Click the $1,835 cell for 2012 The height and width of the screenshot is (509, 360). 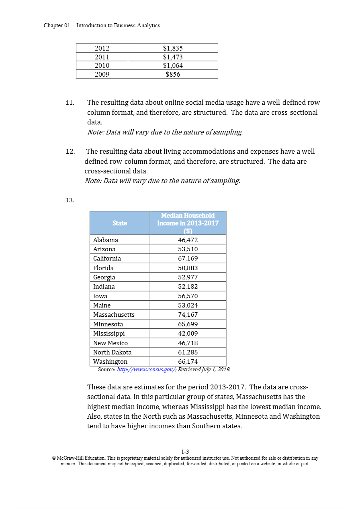[x=173, y=48]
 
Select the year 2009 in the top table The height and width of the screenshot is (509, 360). [x=102, y=74]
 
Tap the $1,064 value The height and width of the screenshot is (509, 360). [x=173, y=65]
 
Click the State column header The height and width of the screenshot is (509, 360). [x=120, y=223]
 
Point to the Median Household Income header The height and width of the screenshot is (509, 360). [x=188, y=223]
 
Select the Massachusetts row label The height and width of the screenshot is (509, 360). [x=114, y=315]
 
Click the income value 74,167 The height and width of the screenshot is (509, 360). [x=188, y=315]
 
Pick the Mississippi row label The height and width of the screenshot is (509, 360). [x=109, y=334]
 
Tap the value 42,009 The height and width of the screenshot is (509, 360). [x=188, y=334]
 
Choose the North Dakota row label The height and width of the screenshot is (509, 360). [x=112, y=352]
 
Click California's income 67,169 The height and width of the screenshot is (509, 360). [x=188, y=259]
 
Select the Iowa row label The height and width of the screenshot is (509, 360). [x=100, y=296]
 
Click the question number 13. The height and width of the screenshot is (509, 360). [x=70, y=200]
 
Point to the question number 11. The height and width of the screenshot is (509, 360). [x=70, y=103]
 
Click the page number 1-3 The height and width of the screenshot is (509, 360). [x=185, y=452]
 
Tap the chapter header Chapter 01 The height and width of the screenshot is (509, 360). [x=102, y=25]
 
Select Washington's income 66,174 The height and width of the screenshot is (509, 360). [x=188, y=362]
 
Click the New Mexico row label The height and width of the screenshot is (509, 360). [x=110, y=343]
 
